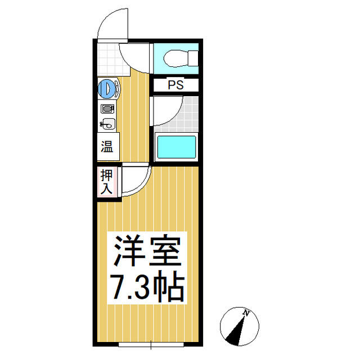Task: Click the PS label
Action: coord(176,85)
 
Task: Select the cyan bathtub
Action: coord(176,147)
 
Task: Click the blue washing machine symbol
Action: coord(106,88)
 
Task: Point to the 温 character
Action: coord(107,146)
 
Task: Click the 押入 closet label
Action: coord(106,181)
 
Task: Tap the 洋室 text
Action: coord(147,251)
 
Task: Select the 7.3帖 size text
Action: coord(147,286)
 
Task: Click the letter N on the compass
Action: coord(246,313)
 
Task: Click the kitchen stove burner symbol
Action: coord(107,109)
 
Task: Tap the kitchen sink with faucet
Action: coord(108,124)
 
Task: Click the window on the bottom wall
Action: coord(151,344)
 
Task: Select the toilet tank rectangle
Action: coord(193,58)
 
